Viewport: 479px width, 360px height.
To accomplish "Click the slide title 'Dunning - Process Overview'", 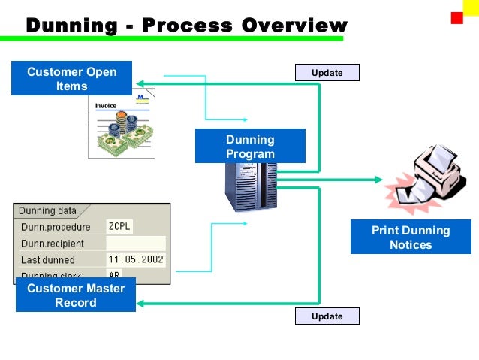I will point(186,25).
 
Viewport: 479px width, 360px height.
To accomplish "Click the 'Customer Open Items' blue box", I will point(71,79).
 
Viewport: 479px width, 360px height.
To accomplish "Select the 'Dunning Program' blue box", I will point(250,147).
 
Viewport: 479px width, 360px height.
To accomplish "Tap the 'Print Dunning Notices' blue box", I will point(411,237).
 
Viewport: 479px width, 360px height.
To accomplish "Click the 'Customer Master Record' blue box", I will point(76,295).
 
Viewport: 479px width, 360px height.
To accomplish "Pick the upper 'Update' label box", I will point(327,73).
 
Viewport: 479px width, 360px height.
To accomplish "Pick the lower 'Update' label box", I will point(327,316).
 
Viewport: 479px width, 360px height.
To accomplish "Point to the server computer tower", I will point(251,188).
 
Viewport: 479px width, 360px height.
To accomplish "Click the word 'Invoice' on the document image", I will point(106,106).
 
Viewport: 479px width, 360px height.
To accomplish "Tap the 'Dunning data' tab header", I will point(47,211).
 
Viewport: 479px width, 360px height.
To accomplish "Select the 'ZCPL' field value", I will point(119,227).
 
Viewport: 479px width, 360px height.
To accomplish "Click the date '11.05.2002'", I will point(135,260).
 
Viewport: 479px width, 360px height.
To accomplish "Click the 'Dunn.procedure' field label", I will point(56,227).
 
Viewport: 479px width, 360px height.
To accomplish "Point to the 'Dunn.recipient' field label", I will point(53,244).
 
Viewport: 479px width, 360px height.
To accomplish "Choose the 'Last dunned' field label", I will point(48,260).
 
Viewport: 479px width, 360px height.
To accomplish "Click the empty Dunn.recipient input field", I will point(135,244).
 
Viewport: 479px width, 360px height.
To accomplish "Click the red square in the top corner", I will point(456,18).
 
